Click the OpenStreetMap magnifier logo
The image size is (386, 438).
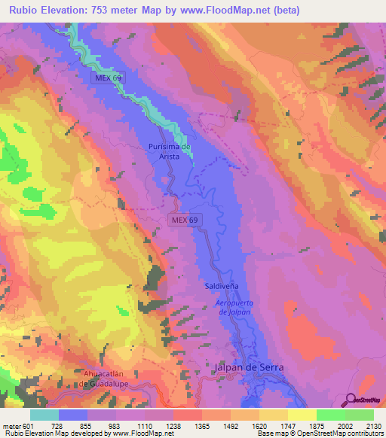click(352, 400)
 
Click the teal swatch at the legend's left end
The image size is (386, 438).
click(44, 415)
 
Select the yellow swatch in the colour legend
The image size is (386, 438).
click(302, 415)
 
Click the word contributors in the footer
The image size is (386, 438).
click(364, 434)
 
